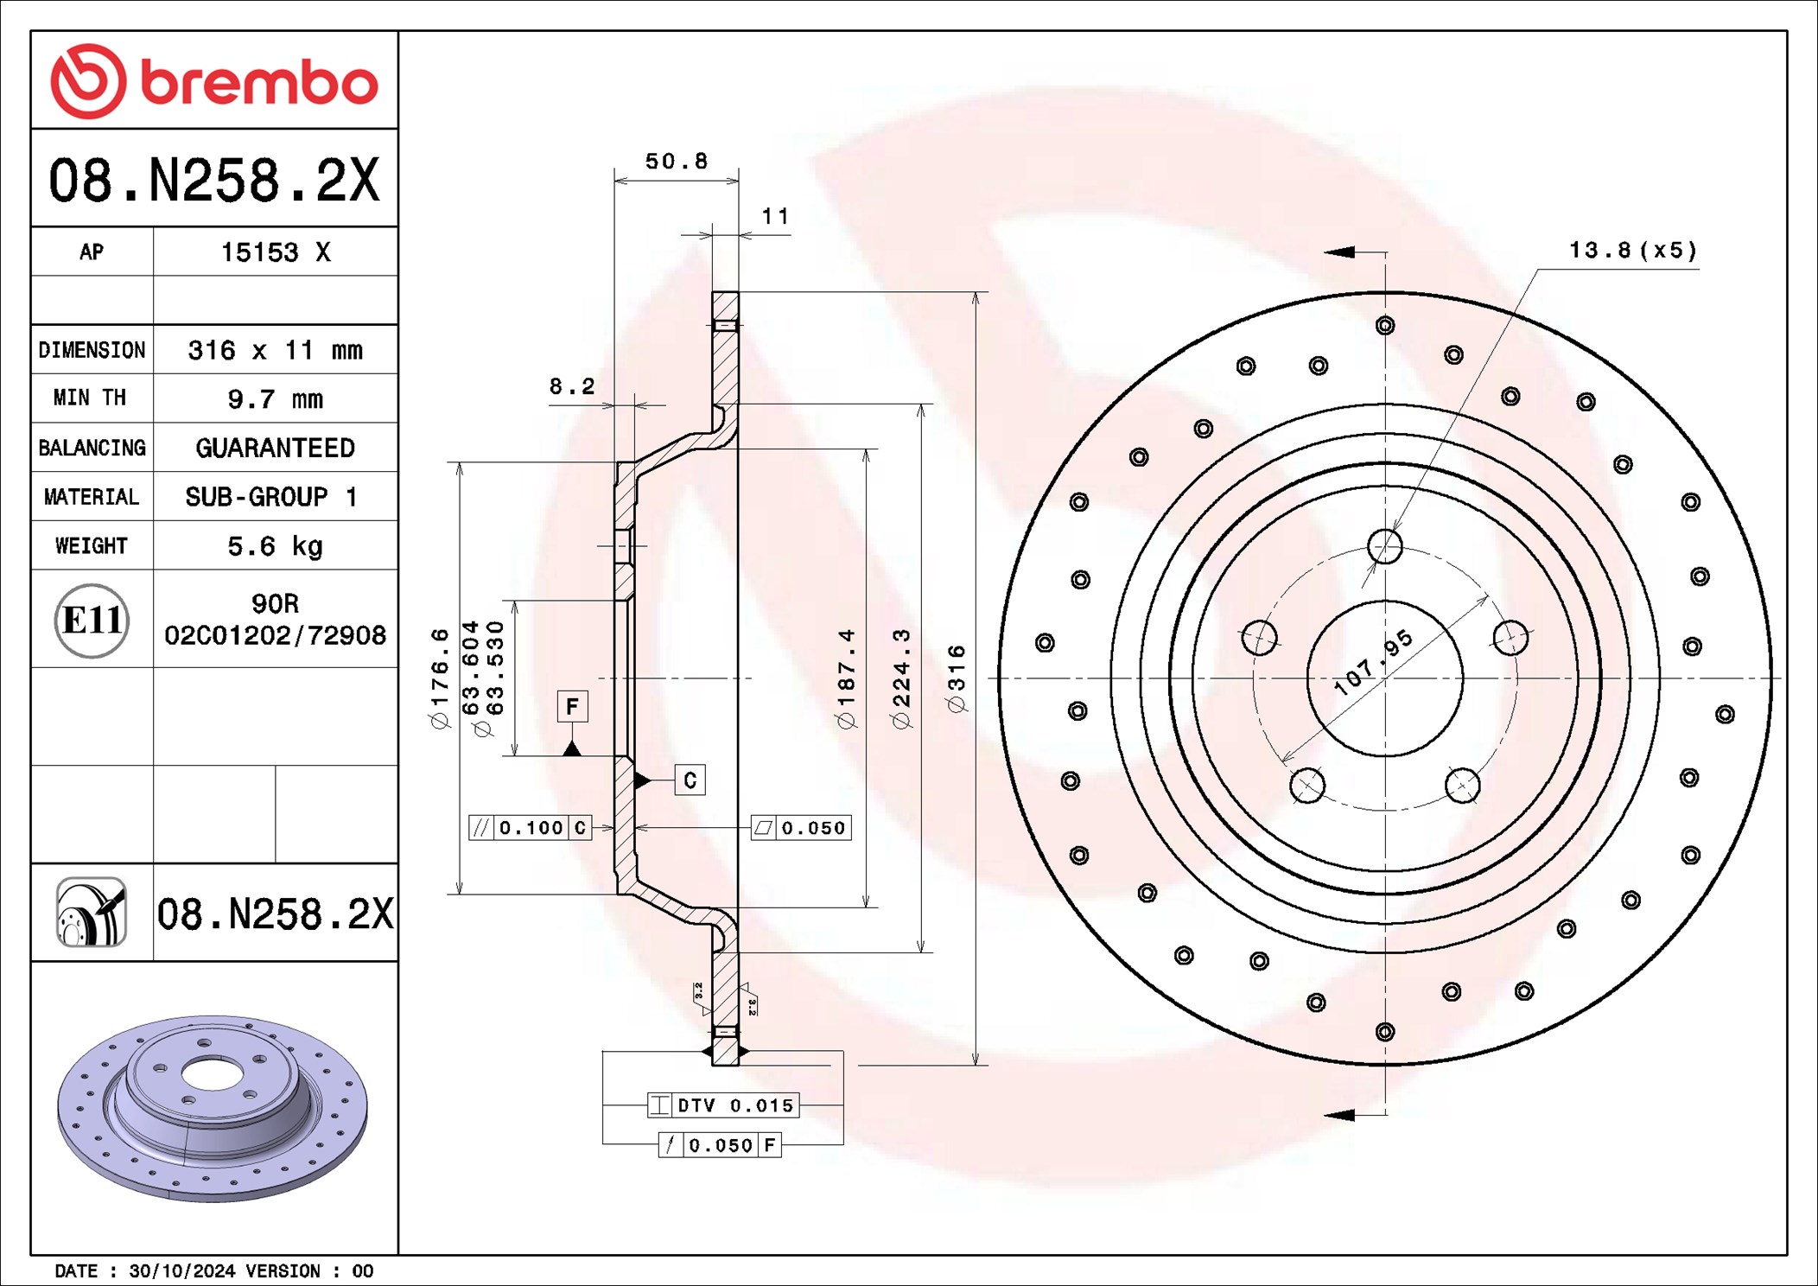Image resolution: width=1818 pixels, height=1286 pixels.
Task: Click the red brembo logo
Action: [x=213, y=81]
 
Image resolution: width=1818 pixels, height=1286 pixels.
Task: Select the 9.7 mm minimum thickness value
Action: [x=275, y=399]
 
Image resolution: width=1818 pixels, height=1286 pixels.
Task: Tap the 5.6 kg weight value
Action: [x=275, y=546]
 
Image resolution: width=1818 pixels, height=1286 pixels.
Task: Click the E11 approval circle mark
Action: [x=92, y=620]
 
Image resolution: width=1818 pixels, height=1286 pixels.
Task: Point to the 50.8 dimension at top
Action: [x=676, y=162]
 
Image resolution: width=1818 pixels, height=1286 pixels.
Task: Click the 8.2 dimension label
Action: [x=572, y=386]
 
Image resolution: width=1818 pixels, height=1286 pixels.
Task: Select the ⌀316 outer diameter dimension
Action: [x=957, y=678]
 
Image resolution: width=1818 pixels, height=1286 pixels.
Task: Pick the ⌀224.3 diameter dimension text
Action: [x=901, y=678]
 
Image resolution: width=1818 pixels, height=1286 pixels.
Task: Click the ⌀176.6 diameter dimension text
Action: [x=440, y=678]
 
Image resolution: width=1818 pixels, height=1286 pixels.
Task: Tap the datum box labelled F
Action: [x=572, y=706]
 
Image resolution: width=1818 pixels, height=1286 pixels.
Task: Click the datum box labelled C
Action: [x=690, y=780]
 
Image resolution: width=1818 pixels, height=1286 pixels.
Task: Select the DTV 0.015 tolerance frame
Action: [x=723, y=1105]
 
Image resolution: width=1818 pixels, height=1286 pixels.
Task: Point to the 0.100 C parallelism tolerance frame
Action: [x=530, y=828]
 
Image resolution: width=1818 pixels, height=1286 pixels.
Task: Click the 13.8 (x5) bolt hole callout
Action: [x=1632, y=251]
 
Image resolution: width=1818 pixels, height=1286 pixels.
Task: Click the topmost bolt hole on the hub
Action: [x=1384, y=546]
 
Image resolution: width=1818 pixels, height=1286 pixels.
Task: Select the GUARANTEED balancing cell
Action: [x=275, y=448]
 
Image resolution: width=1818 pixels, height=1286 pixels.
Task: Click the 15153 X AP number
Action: [x=275, y=252]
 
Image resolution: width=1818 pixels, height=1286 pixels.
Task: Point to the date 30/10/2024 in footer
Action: [x=181, y=1271]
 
